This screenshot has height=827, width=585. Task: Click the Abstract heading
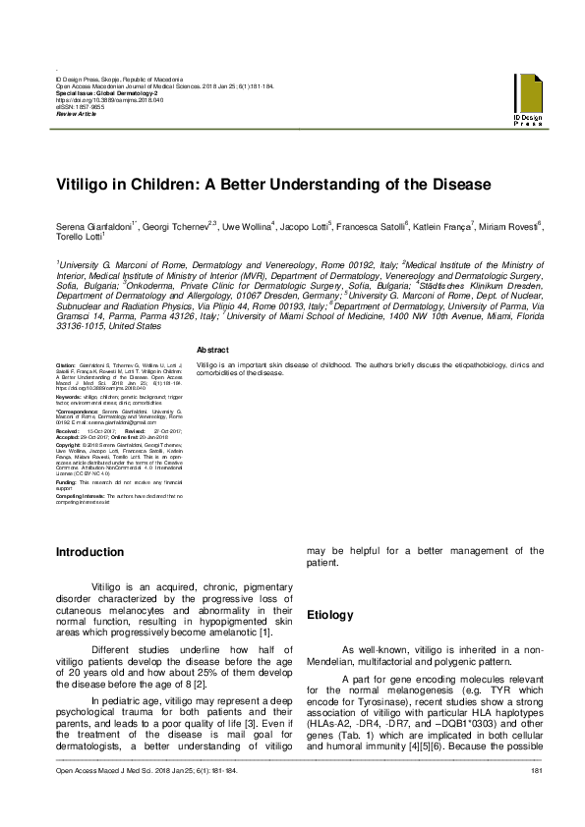pos(213,351)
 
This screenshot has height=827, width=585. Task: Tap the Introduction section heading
pos(90,552)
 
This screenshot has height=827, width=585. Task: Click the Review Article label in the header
pos(77,114)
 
